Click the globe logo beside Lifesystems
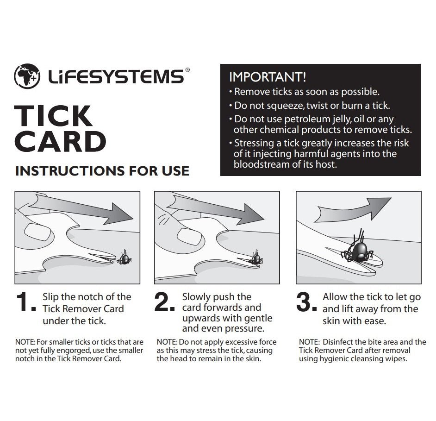(27, 76)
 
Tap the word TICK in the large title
(53, 116)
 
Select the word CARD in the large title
(60, 142)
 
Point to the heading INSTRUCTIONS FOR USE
(102, 171)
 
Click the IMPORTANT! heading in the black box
(268, 77)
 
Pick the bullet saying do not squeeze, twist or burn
(311, 106)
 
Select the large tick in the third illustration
(358, 250)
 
